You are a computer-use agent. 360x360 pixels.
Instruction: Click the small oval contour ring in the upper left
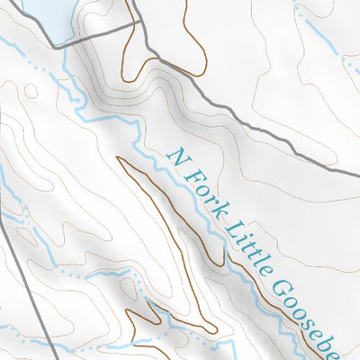(31, 90)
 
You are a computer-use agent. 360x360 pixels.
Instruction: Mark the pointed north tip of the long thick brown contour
(120, 157)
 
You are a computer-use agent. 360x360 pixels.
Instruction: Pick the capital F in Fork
(188, 171)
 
